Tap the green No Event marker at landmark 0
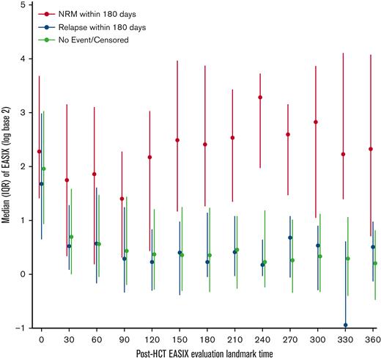point(44,169)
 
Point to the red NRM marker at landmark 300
point(316,122)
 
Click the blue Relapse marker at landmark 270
point(290,238)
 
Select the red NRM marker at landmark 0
point(39,152)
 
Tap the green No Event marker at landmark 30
point(72,237)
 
